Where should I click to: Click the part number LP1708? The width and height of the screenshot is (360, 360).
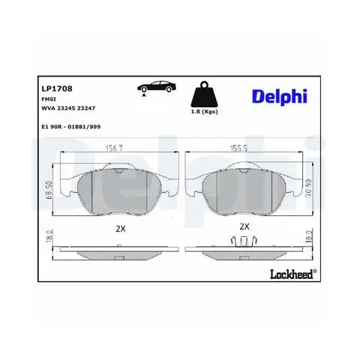coord(57,88)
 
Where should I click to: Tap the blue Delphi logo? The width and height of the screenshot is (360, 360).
coord(280,97)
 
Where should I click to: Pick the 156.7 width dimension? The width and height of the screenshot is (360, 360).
coord(114,148)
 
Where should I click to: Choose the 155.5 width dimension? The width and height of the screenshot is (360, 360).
coord(238,148)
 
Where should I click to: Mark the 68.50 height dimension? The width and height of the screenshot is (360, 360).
coord(49,190)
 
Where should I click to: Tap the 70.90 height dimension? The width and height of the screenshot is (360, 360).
coord(308,187)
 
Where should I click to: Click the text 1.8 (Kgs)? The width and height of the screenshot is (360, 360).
coord(204,112)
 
